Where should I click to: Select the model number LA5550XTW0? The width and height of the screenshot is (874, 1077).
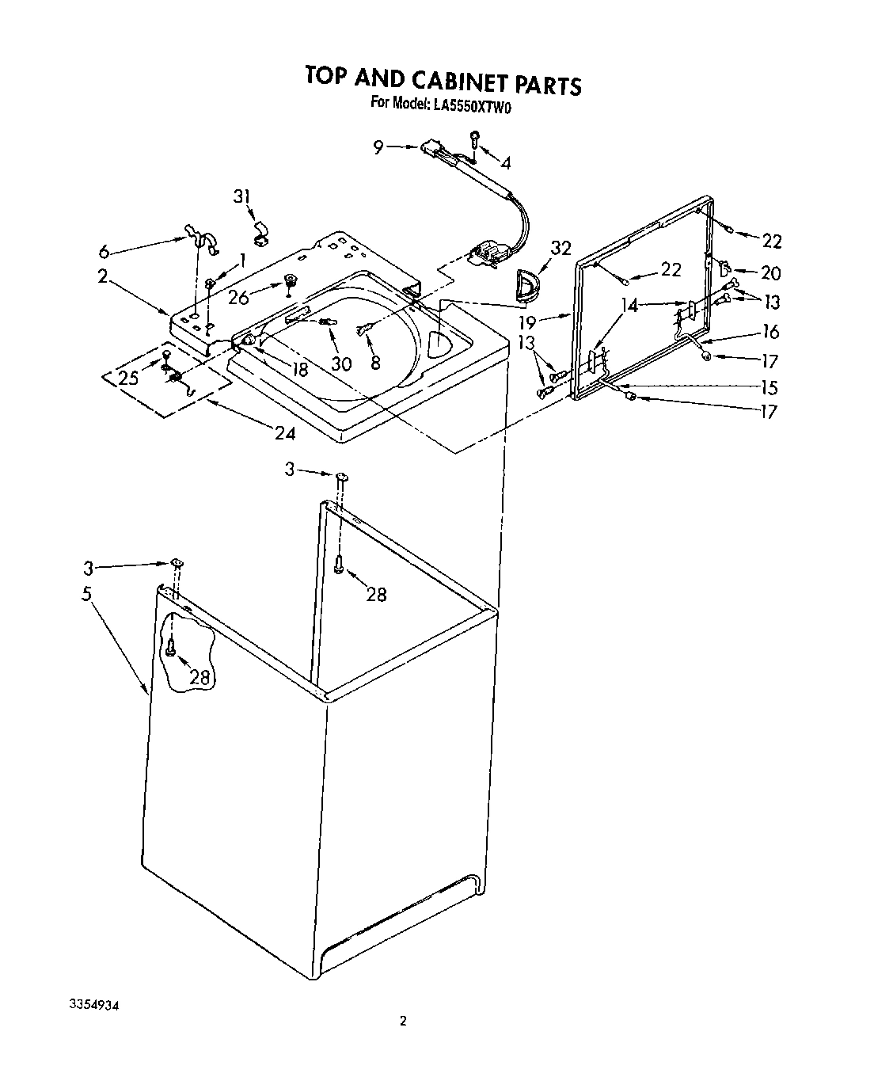click(x=472, y=104)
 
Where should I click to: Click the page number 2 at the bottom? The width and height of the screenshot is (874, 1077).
click(x=402, y=1022)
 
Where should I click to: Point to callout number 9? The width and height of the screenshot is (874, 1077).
click(x=378, y=147)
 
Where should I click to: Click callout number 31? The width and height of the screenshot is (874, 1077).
click(x=242, y=196)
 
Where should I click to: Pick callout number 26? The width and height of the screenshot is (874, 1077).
click(x=238, y=299)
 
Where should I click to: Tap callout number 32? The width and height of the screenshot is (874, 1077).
click(x=560, y=249)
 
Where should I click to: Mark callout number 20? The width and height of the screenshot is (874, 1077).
click(x=770, y=272)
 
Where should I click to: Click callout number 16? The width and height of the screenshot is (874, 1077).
click(x=769, y=331)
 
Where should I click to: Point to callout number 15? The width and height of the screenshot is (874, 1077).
click(x=768, y=387)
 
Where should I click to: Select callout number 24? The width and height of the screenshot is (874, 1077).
click(x=285, y=433)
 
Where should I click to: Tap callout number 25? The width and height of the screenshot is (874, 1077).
click(x=129, y=378)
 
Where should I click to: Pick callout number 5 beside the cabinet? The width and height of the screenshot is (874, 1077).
click(x=87, y=594)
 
